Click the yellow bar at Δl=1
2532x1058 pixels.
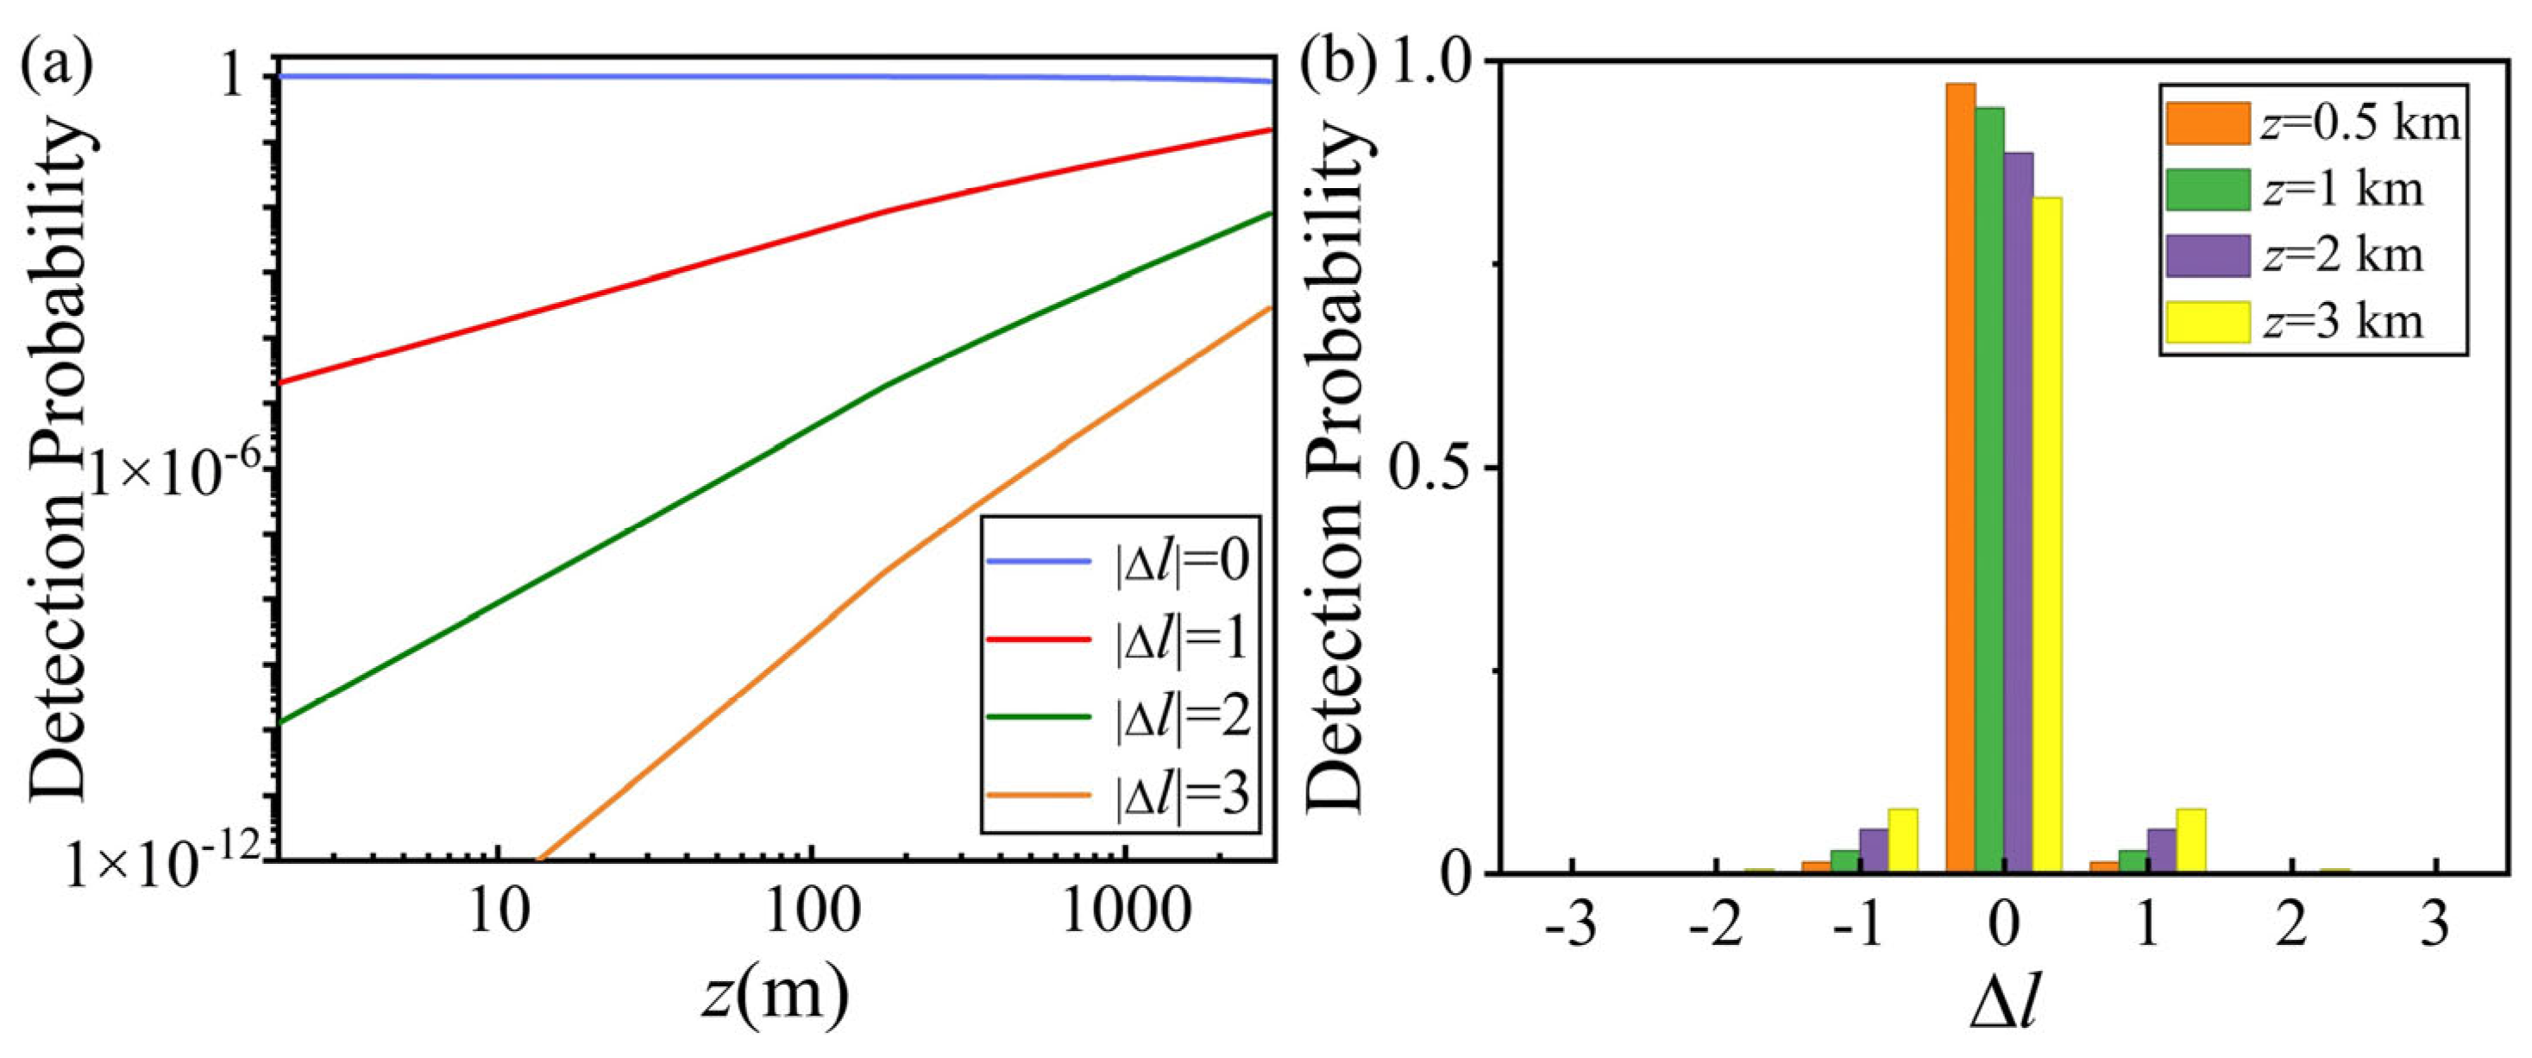(x=2191, y=841)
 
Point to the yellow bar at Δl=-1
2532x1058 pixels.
(x=1903, y=841)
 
